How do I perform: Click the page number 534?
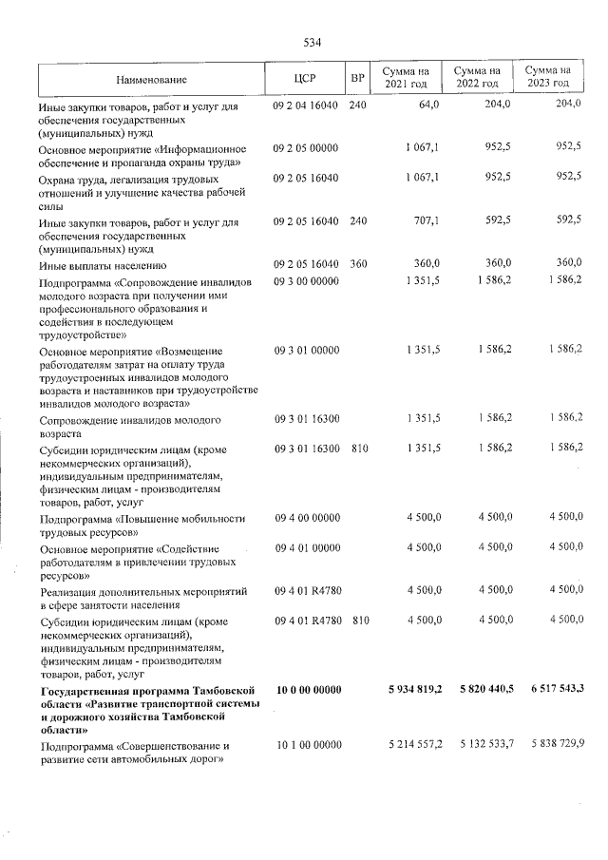point(313,43)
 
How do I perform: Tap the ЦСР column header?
point(305,79)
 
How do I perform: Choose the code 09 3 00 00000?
point(305,281)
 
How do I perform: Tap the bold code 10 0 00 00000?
point(306,689)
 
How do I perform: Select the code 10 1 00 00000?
point(305,745)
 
